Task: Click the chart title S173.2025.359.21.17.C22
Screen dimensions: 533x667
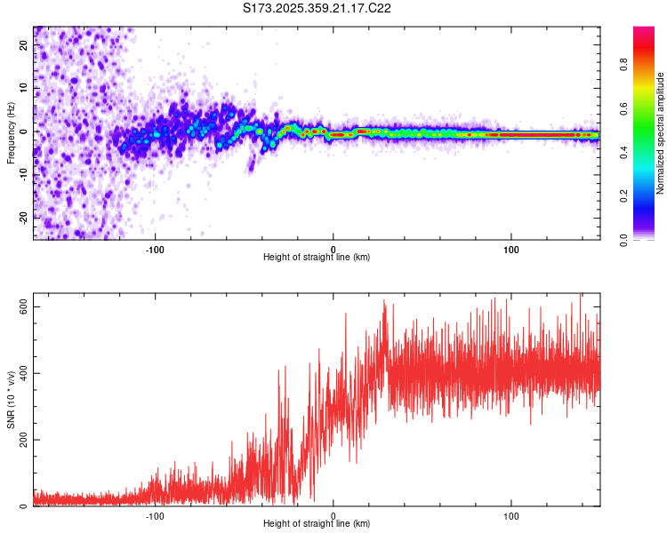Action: pyautogui.click(x=317, y=9)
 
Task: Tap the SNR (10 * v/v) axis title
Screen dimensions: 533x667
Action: pyautogui.click(x=11, y=400)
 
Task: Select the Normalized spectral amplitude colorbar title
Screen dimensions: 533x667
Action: pyautogui.click(x=661, y=133)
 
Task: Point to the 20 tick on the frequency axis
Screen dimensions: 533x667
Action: pyautogui.click(x=24, y=46)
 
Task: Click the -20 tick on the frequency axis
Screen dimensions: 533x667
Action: pyautogui.click(x=24, y=218)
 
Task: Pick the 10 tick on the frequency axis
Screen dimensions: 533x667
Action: pyautogui.click(x=24, y=89)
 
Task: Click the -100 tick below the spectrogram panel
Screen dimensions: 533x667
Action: pyautogui.click(x=156, y=248)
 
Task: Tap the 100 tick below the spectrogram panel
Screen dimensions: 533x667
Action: pyautogui.click(x=511, y=248)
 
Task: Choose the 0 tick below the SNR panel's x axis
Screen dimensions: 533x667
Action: pyautogui.click(x=333, y=514)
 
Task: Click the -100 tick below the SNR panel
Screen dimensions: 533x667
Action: pyautogui.click(x=156, y=514)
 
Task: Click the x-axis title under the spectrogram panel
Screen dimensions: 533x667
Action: pyautogui.click(x=317, y=258)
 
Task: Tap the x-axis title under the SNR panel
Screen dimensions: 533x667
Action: pyautogui.click(x=317, y=524)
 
